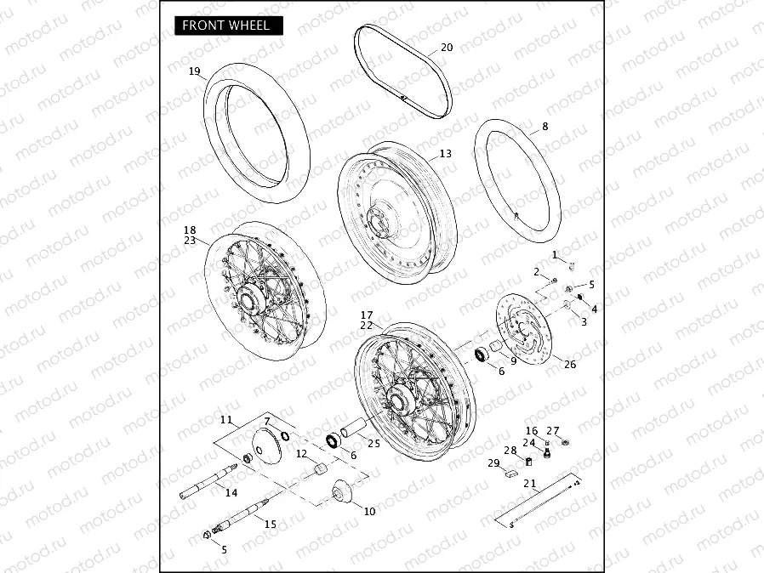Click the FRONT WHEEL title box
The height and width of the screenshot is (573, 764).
226,26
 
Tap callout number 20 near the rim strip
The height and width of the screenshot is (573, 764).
447,48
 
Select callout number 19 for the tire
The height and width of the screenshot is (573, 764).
194,71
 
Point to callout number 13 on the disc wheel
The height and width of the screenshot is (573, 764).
445,154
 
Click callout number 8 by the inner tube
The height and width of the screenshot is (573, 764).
544,127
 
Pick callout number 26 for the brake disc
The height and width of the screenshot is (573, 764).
569,365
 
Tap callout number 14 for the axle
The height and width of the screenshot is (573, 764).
231,493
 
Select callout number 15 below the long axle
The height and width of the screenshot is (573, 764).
270,525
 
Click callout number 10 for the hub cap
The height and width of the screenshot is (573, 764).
368,511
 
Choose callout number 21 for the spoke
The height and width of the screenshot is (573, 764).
529,484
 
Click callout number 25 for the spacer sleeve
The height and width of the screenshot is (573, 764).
373,443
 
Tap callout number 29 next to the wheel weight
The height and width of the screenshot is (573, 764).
493,463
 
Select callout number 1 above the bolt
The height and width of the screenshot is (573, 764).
555,254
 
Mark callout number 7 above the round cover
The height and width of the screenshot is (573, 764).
266,422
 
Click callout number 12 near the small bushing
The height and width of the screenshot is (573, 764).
301,454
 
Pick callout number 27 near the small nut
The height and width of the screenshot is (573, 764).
553,430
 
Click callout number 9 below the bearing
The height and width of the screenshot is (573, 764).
513,361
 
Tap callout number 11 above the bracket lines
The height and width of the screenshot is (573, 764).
225,420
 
